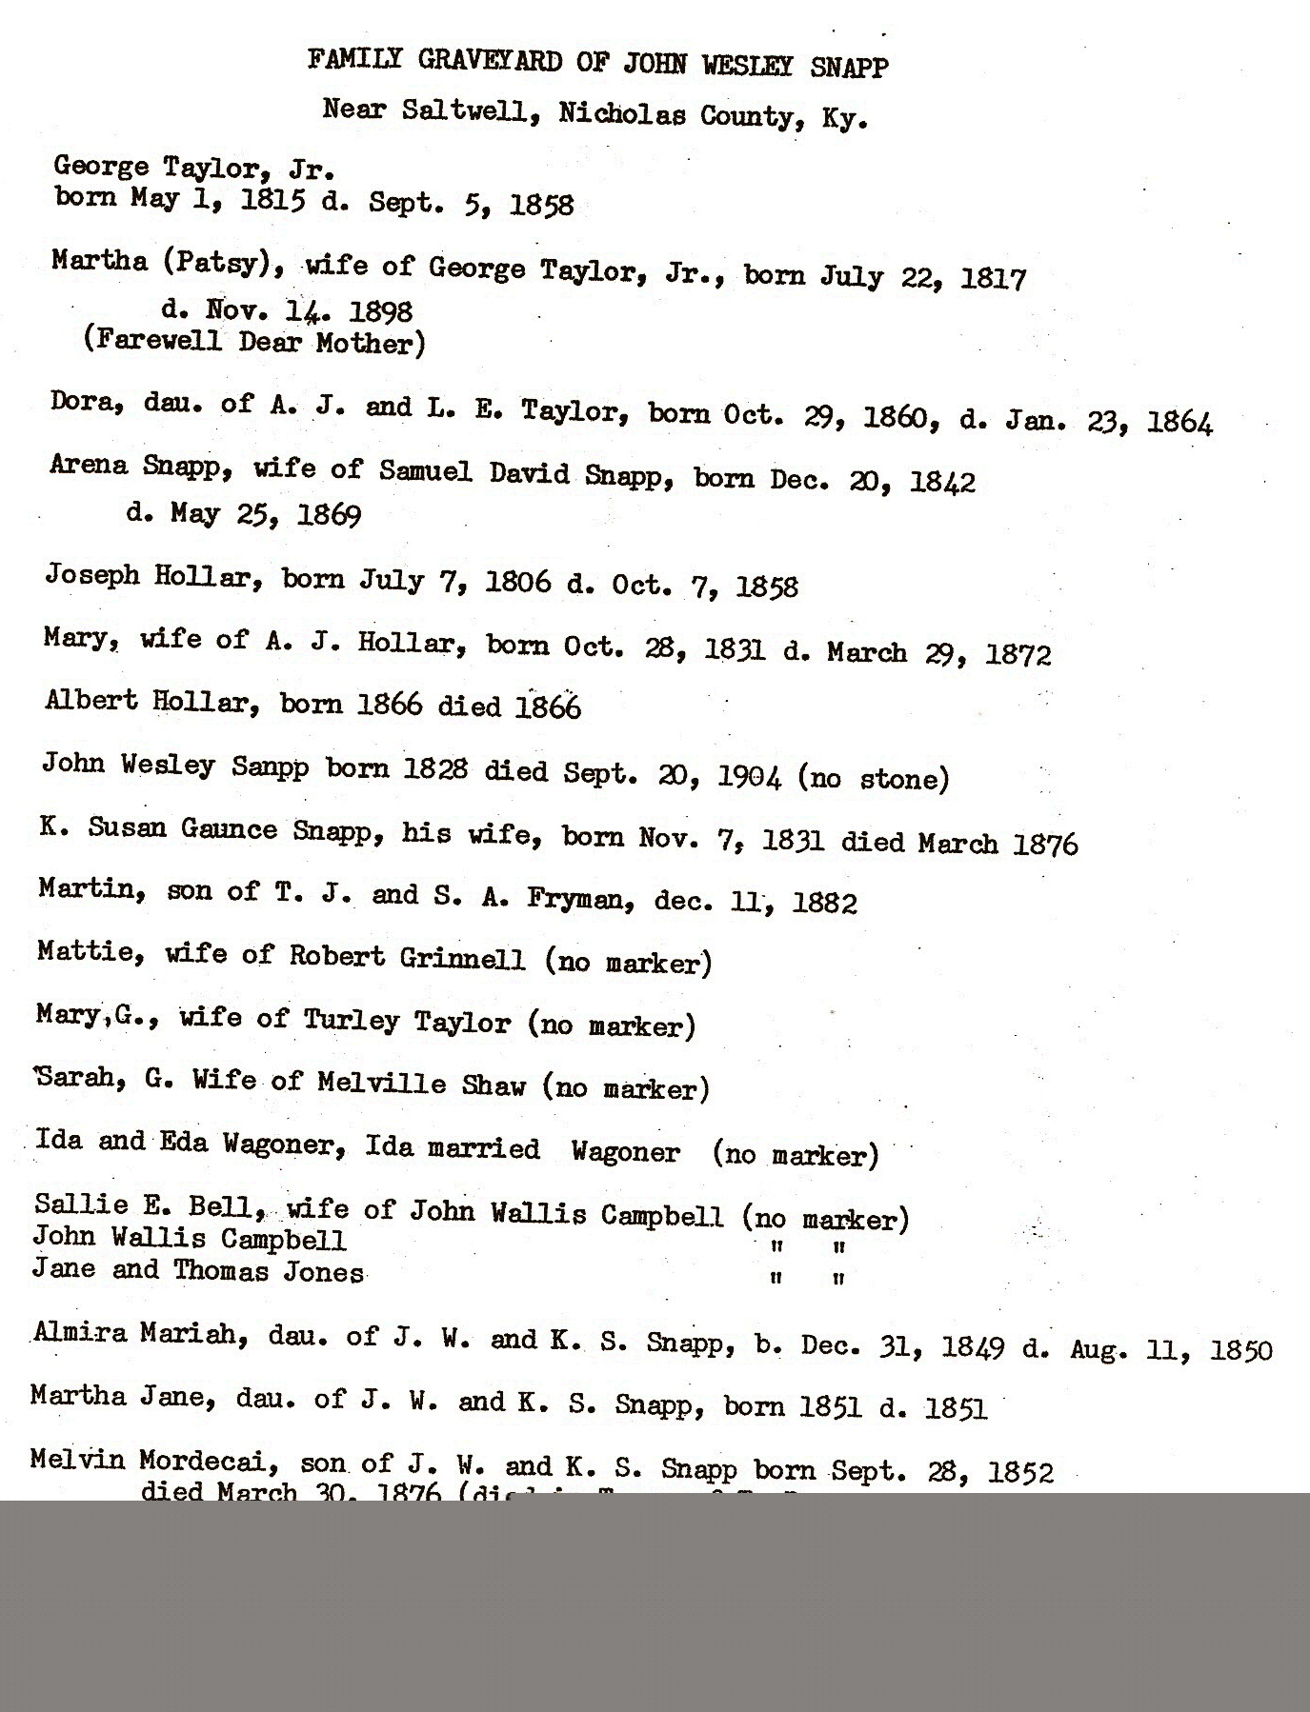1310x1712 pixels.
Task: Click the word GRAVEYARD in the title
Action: point(491,63)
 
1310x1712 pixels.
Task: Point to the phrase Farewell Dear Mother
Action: point(254,342)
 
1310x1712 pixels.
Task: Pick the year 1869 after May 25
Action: point(329,515)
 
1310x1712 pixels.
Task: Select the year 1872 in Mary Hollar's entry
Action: point(1018,654)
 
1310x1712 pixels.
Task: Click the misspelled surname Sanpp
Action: point(270,767)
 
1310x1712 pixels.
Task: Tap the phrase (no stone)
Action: point(874,779)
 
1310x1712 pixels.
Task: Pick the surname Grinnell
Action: point(460,957)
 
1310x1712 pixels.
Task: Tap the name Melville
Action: point(381,1084)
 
